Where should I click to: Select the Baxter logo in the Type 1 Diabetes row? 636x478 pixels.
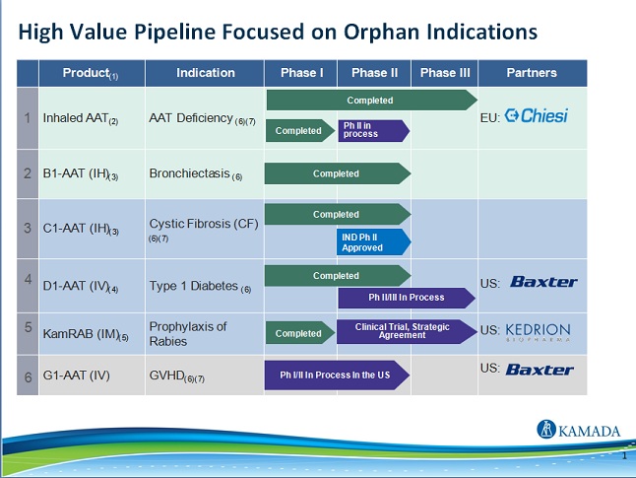pyautogui.click(x=542, y=282)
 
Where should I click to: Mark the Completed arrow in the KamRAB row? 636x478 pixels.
pyautogui.click(x=299, y=333)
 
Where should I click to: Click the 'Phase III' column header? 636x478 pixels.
pyautogui.click(x=445, y=73)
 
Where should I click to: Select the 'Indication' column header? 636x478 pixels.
pyautogui.click(x=205, y=73)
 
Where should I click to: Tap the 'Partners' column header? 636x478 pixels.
pyautogui.click(x=532, y=73)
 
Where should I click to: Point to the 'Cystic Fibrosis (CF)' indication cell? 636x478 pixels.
pyautogui.click(x=203, y=224)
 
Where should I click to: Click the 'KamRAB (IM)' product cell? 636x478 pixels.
pyautogui.click(x=86, y=333)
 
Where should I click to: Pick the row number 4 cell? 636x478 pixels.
pyautogui.click(x=28, y=279)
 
